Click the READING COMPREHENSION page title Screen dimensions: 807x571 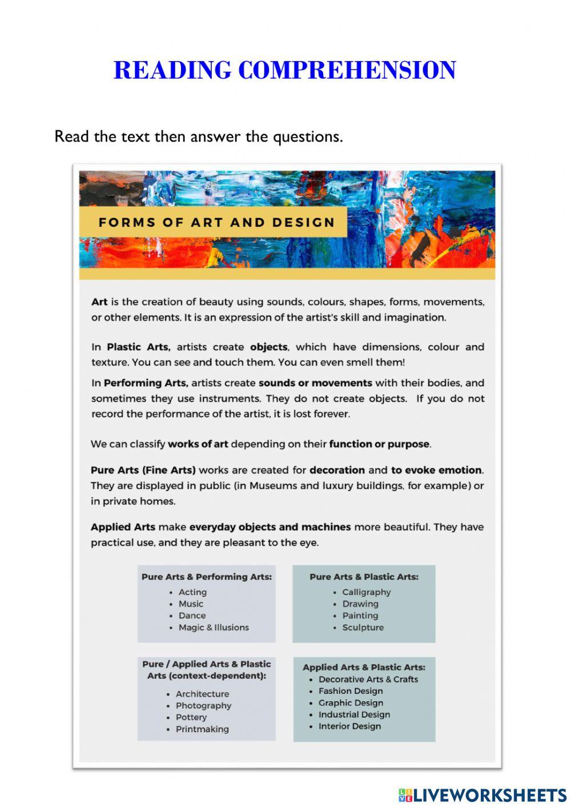pos(284,70)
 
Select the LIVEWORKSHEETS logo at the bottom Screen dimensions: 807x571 pos(482,795)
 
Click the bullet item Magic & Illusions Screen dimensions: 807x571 pos(214,627)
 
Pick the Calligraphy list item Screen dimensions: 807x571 pos(366,592)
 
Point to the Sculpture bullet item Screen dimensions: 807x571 pos(363,627)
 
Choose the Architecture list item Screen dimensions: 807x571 pos(202,694)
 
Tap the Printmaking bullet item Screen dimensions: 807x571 pos(202,729)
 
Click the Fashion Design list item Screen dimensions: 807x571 pos(351,691)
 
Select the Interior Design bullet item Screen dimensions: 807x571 pos(349,726)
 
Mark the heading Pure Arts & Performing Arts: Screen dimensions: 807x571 pos(207,577)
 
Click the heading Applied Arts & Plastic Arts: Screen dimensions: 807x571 pos(364,667)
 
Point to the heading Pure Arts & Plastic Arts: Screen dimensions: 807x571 pos(364,577)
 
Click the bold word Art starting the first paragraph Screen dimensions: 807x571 pos(99,302)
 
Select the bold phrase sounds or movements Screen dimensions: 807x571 pos(315,383)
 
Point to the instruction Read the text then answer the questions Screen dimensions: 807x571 pos(199,137)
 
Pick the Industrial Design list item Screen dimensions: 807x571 pos(354,714)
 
